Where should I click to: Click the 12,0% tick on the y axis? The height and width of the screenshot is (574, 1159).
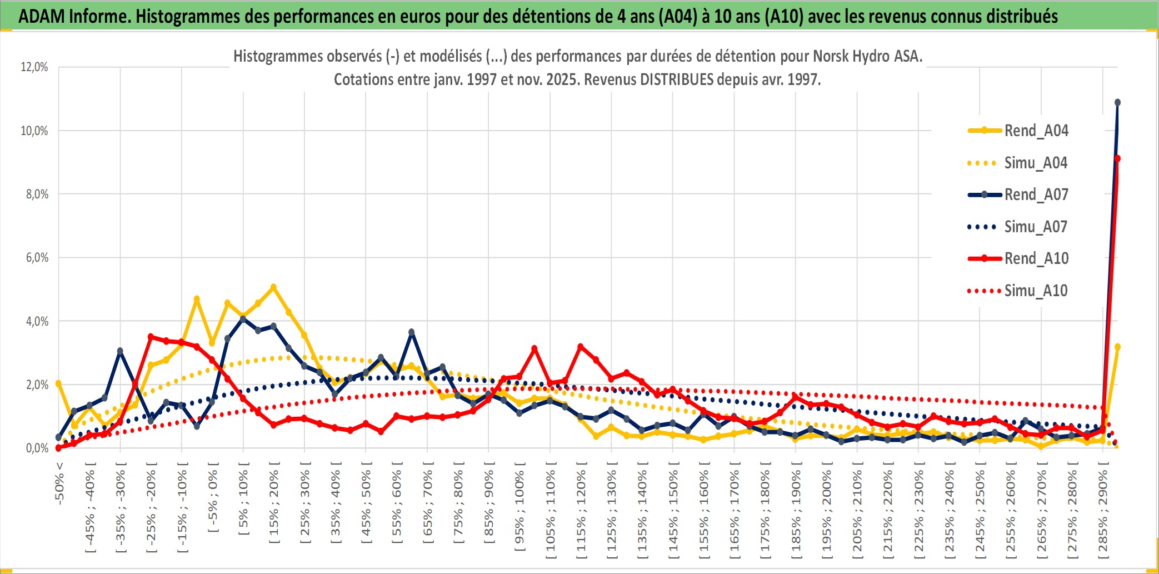click(x=34, y=67)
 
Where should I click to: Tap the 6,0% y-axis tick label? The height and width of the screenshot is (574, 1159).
click(x=37, y=258)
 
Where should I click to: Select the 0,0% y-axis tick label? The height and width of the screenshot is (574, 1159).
click(x=37, y=448)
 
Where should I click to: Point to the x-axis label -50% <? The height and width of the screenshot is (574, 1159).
click(x=59, y=483)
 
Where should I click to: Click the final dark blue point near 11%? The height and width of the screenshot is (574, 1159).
click(x=1117, y=103)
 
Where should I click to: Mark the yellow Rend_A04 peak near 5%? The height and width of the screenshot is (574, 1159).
click(x=273, y=287)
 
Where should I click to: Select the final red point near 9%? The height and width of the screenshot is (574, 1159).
click(x=1117, y=159)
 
